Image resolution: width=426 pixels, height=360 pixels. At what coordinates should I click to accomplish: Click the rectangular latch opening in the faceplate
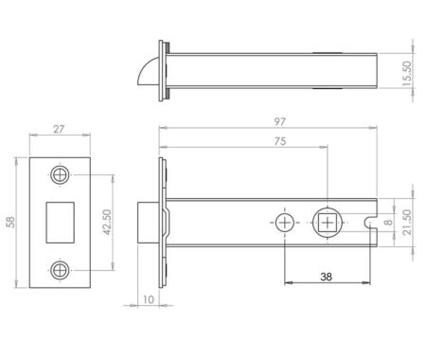tap(62, 222)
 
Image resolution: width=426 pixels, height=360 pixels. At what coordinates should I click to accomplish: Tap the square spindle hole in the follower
tap(327, 223)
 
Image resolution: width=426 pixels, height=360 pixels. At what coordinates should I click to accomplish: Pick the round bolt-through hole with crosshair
tap(285, 223)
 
